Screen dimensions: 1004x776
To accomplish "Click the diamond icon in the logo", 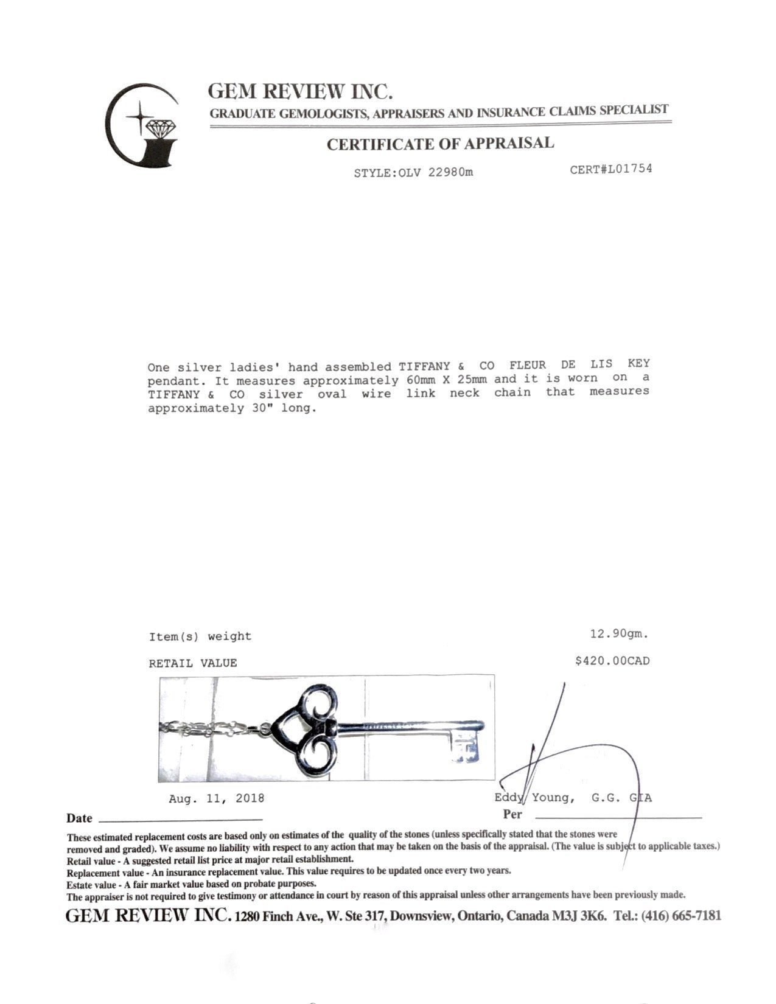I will point(161,128).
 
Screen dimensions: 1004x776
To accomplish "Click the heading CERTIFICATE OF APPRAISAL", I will point(440,144).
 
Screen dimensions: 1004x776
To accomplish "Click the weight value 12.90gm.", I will point(619,634).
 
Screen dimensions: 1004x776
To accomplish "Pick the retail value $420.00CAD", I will point(612,661).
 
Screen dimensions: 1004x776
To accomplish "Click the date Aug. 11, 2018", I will point(217,798).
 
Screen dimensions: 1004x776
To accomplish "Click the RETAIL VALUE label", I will point(192,663).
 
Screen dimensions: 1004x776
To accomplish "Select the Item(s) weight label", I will point(200,636).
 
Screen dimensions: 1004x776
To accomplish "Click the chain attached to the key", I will point(207,728).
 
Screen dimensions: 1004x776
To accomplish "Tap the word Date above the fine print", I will point(80,818).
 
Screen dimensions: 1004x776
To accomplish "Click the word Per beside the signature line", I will point(512,814).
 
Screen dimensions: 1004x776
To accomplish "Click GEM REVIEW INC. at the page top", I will point(299,91).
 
